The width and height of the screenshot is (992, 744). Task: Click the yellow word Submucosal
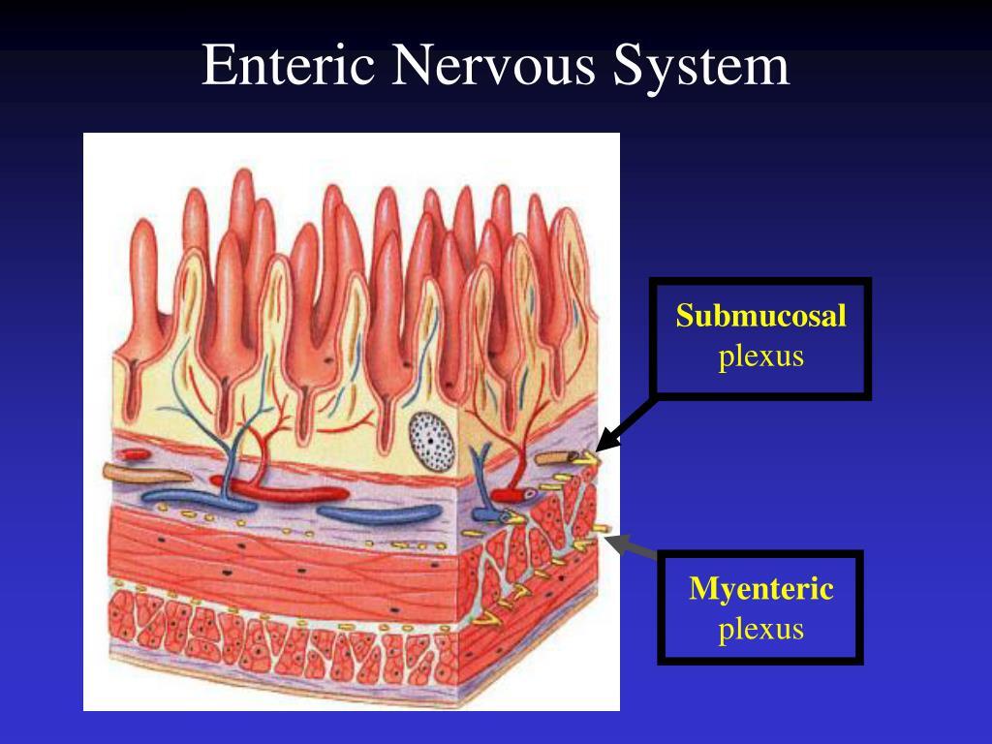tap(761, 316)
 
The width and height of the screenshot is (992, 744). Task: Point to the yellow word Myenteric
tap(761, 588)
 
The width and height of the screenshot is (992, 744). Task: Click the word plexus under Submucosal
tap(761, 356)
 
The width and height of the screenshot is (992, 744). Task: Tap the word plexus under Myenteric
tap(761, 629)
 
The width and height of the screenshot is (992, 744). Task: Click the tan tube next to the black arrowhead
tap(559, 454)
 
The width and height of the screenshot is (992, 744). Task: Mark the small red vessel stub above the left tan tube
tap(135, 452)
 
